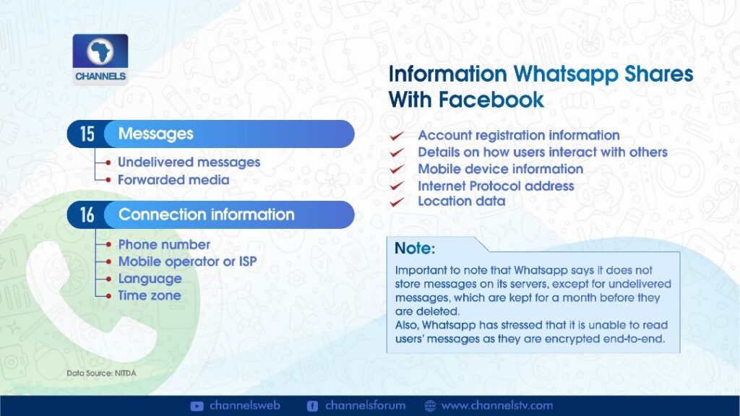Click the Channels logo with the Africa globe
(x=100, y=59)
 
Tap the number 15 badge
(x=87, y=134)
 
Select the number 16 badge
(x=87, y=215)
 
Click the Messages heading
(x=156, y=134)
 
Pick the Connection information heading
(x=206, y=214)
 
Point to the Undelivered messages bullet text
(x=189, y=162)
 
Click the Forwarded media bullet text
(x=173, y=180)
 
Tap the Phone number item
(x=164, y=244)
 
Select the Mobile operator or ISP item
(x=187, y=261)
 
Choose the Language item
(x=150, y=279)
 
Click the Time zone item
(x=149, y=295)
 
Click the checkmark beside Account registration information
(x=397, y=136)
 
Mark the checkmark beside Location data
(x=397, y=202)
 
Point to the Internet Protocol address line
(x=496, y=186)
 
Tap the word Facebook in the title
(x=491, y=100)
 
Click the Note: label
(x=414, y=248)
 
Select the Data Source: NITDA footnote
(x=101, y=373)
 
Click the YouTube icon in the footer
(x=197, y=406)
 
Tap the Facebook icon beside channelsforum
(x=312, y=406)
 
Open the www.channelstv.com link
(x=496, y=406)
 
